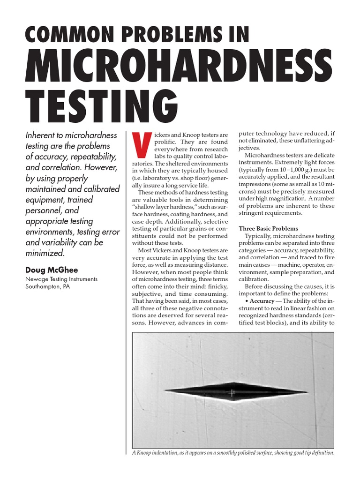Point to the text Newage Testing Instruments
point(61,279)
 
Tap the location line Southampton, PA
point(48,287)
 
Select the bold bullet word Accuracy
point(265,300)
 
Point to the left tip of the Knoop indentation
point(165,391)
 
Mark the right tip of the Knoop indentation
point(307,392)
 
